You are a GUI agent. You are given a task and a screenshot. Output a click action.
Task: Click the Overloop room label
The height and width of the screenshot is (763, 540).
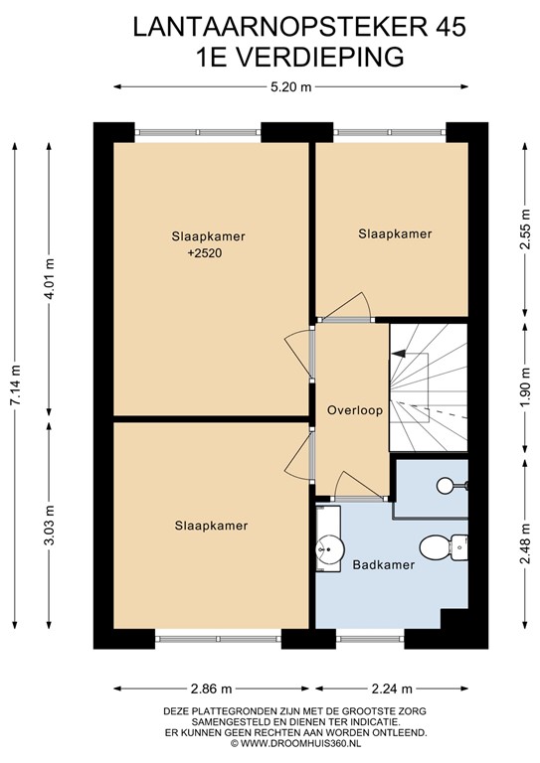pyautogui.click(x=354, y=410)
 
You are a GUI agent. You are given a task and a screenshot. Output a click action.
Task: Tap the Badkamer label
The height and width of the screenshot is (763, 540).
pyautogui.click(x=384, y=565)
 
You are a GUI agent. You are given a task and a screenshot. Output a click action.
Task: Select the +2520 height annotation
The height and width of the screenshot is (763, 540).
pyautogui.click(x=208, y=253)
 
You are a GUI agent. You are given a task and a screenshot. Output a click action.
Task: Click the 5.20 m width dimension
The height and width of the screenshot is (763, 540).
pyautogui.click(x=290, y=87)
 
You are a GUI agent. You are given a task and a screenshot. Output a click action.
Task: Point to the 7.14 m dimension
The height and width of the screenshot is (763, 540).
pyautogui.click(x=17, y=384)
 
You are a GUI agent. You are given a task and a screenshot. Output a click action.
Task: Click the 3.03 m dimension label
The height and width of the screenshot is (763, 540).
pyautogui.click(x=50, y=525)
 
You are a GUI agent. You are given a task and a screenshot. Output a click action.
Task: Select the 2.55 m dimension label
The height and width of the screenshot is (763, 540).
pyautogui.click(x=525, y=229)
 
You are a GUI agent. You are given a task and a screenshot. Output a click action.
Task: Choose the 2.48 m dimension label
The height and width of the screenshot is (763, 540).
pyautogui.click(x=525, y=543)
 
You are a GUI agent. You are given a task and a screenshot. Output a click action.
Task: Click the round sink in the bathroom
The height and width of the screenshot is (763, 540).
pyautogui.click(x=329, y=549)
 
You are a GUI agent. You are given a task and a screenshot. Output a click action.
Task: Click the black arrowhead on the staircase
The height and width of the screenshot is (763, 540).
pyautogui.click(x=398, y=354)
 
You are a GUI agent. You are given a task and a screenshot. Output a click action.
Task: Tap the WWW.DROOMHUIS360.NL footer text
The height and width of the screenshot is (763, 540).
pyautogui.click(x=300, y=743)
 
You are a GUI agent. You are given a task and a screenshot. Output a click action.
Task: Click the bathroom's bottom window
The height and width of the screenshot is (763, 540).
pyautogui.click(x=370, y=639)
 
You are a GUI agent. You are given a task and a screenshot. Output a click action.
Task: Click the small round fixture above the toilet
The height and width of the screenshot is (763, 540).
pyautogui.click(x=445, y=485)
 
